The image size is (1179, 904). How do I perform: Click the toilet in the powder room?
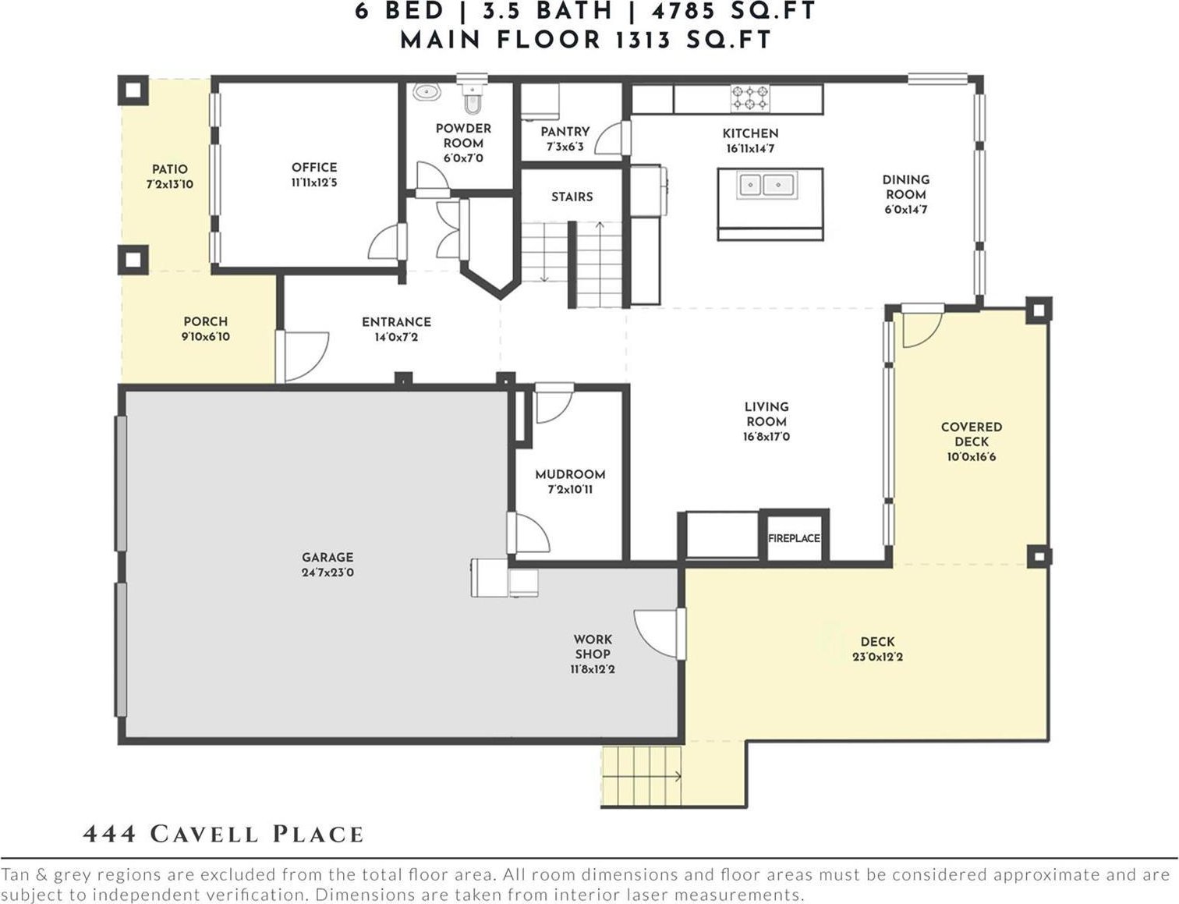click(x=473, y=97)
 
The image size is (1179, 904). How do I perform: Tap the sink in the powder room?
click(x=427, y=92)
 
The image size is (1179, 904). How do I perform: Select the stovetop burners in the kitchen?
click(x=750, y=97)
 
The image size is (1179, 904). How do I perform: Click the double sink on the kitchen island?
click(x=767, y=185)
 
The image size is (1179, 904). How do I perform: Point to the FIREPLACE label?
click(x=794, y=538)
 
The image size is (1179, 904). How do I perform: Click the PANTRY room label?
click(x=565, y=132)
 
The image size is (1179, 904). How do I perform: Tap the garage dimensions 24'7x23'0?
click(x=327, y=573)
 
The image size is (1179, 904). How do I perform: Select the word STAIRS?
click(x=572, y=197)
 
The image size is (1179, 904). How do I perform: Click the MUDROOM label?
click(x=570, y=475)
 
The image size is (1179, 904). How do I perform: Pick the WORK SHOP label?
click(x=593, y=647)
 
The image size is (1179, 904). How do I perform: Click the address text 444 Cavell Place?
click(x=223, y=835)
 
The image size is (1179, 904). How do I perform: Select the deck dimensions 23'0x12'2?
click(x=877, y=657)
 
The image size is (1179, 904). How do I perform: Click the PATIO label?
click(x=170, y=169)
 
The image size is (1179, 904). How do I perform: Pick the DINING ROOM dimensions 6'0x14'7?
click(x=905, y=210)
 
